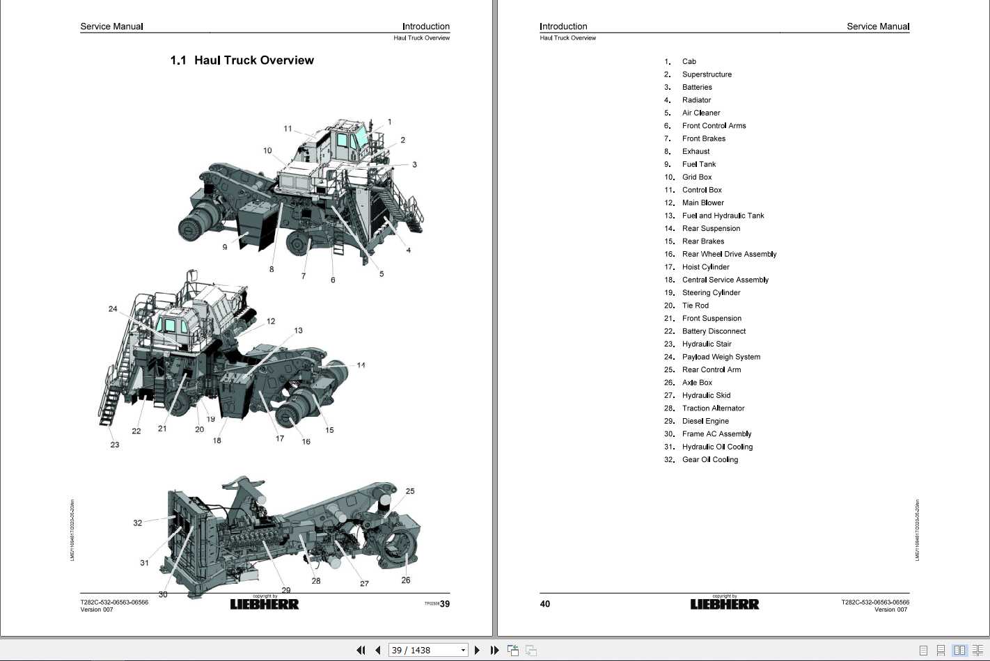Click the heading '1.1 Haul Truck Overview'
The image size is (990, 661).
[242, 61]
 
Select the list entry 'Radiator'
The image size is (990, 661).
[696, 100]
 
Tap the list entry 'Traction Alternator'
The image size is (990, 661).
[713, 408]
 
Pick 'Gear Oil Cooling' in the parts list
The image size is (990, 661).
[709, 460]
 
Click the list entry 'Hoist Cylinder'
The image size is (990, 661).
[705, 267]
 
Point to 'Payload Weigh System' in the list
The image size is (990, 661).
[721, 357]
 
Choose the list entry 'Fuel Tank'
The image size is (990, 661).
[698, 164]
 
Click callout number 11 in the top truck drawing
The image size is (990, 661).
[288, 129]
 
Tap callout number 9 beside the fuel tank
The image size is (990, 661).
[225, 247]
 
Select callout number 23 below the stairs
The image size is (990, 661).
[115, 445]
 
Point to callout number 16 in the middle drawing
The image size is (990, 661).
[306, 442]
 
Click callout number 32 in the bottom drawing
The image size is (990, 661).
[137, 523]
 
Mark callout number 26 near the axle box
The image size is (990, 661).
[406, 580]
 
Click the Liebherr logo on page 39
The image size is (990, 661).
[265, 604]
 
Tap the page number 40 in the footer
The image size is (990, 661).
[545, 604]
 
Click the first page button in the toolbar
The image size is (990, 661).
[361, 650]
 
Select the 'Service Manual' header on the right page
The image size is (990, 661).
[877, 26]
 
